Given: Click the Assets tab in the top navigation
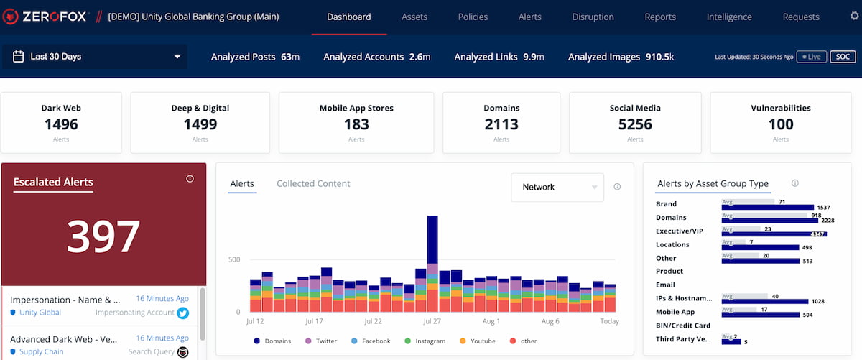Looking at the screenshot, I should point(414,17).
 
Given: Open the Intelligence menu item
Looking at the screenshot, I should point(729,17).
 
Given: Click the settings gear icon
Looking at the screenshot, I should point(854,16).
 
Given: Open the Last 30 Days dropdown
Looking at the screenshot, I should point(95,57).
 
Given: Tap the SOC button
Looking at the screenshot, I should point(841,57).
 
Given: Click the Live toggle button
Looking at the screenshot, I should point(811,57).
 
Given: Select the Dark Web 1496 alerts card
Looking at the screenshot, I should point(61,122).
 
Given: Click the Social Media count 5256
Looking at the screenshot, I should point(635,124).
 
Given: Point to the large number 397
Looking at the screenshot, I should point(103,236).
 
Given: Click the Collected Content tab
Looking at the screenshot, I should point(313,184).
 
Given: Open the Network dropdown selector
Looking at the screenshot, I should point(557,187).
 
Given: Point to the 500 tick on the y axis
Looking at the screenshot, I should point(234,259).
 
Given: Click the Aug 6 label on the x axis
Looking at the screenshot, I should point(550,321).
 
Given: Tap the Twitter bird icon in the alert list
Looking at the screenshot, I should point(182,313).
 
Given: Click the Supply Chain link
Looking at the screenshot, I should point(41,351).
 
